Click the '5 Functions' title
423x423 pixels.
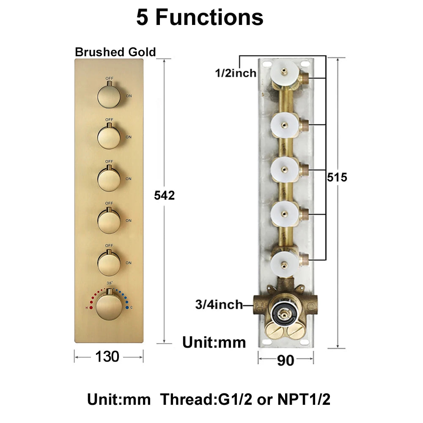[x=200, y=17]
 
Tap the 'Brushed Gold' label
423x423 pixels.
[x=115, y=52]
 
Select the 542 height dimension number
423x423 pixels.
[x=164, y=195]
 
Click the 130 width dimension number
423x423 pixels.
[x=107, y=357]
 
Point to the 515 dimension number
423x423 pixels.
[x=337, y=177]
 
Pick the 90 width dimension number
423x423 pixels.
[x=286, y=360]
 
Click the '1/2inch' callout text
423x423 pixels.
[x=236, y=73]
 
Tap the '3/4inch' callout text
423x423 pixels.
[x=219, y=305]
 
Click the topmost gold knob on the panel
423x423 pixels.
[x=109, y=96]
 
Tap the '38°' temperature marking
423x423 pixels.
[x=110, y=283]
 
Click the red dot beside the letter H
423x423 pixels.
[x=91, y=308]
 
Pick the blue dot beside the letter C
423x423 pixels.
[x=127, y=307]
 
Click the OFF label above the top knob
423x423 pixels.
[x=109, y=79]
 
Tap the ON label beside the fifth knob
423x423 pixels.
[x=129, y=263]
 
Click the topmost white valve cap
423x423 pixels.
[x=284, y=71]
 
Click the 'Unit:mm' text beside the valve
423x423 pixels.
[x=214, y=342]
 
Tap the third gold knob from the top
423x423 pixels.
[x=109, y=179]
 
